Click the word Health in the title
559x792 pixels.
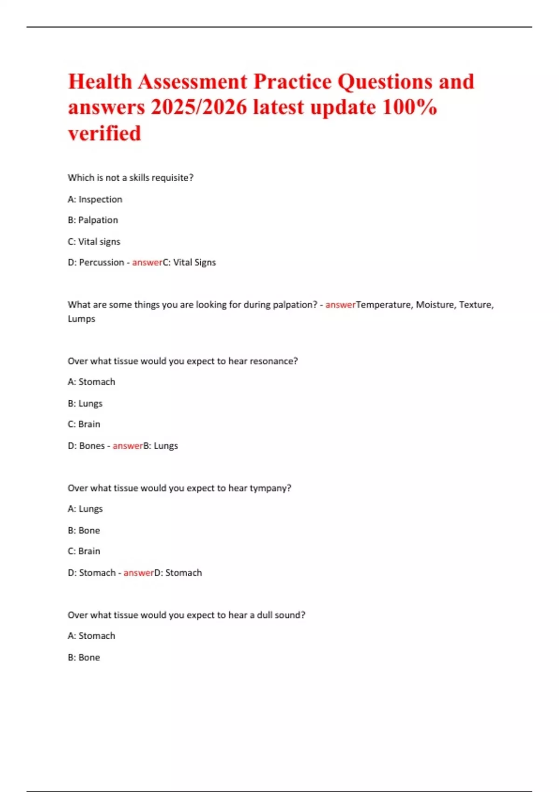pos(100,82)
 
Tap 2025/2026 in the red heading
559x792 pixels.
pos(199,108)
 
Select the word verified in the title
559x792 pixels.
pos(104,134)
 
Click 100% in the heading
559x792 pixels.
pos(409,108)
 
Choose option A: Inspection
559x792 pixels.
pos(95,199)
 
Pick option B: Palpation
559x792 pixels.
pos(93,220)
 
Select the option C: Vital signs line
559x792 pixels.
pos(94,242)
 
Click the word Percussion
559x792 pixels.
pos(102,263)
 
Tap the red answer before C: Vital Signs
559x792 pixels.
pos(147,263)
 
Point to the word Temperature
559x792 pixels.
pos(383,305)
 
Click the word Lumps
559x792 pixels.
pos(82,319)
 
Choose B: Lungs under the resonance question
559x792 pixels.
pos(85,403)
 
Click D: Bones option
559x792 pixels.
pos(86,446)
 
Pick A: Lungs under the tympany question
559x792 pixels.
pos(85,509)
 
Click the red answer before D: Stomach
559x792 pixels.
pos(138,573)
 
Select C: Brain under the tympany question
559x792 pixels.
pos(84,552)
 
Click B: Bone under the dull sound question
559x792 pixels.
pos(84,658)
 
